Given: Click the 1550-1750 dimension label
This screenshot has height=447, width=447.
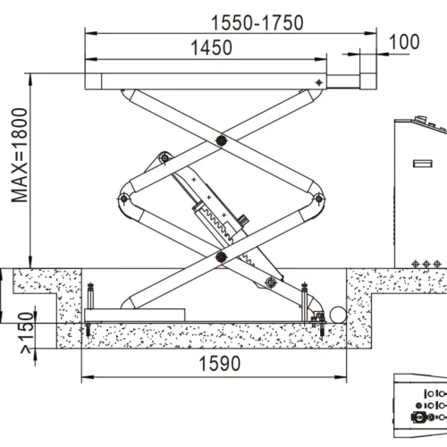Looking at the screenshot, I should [256, 22].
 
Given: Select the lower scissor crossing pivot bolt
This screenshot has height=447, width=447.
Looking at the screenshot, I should [220, 257].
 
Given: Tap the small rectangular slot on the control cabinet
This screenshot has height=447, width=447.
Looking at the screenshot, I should [419, 163].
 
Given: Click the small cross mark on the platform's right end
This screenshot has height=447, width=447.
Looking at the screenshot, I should [319, 82].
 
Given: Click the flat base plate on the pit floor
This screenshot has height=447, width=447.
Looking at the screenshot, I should [143, 314].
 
